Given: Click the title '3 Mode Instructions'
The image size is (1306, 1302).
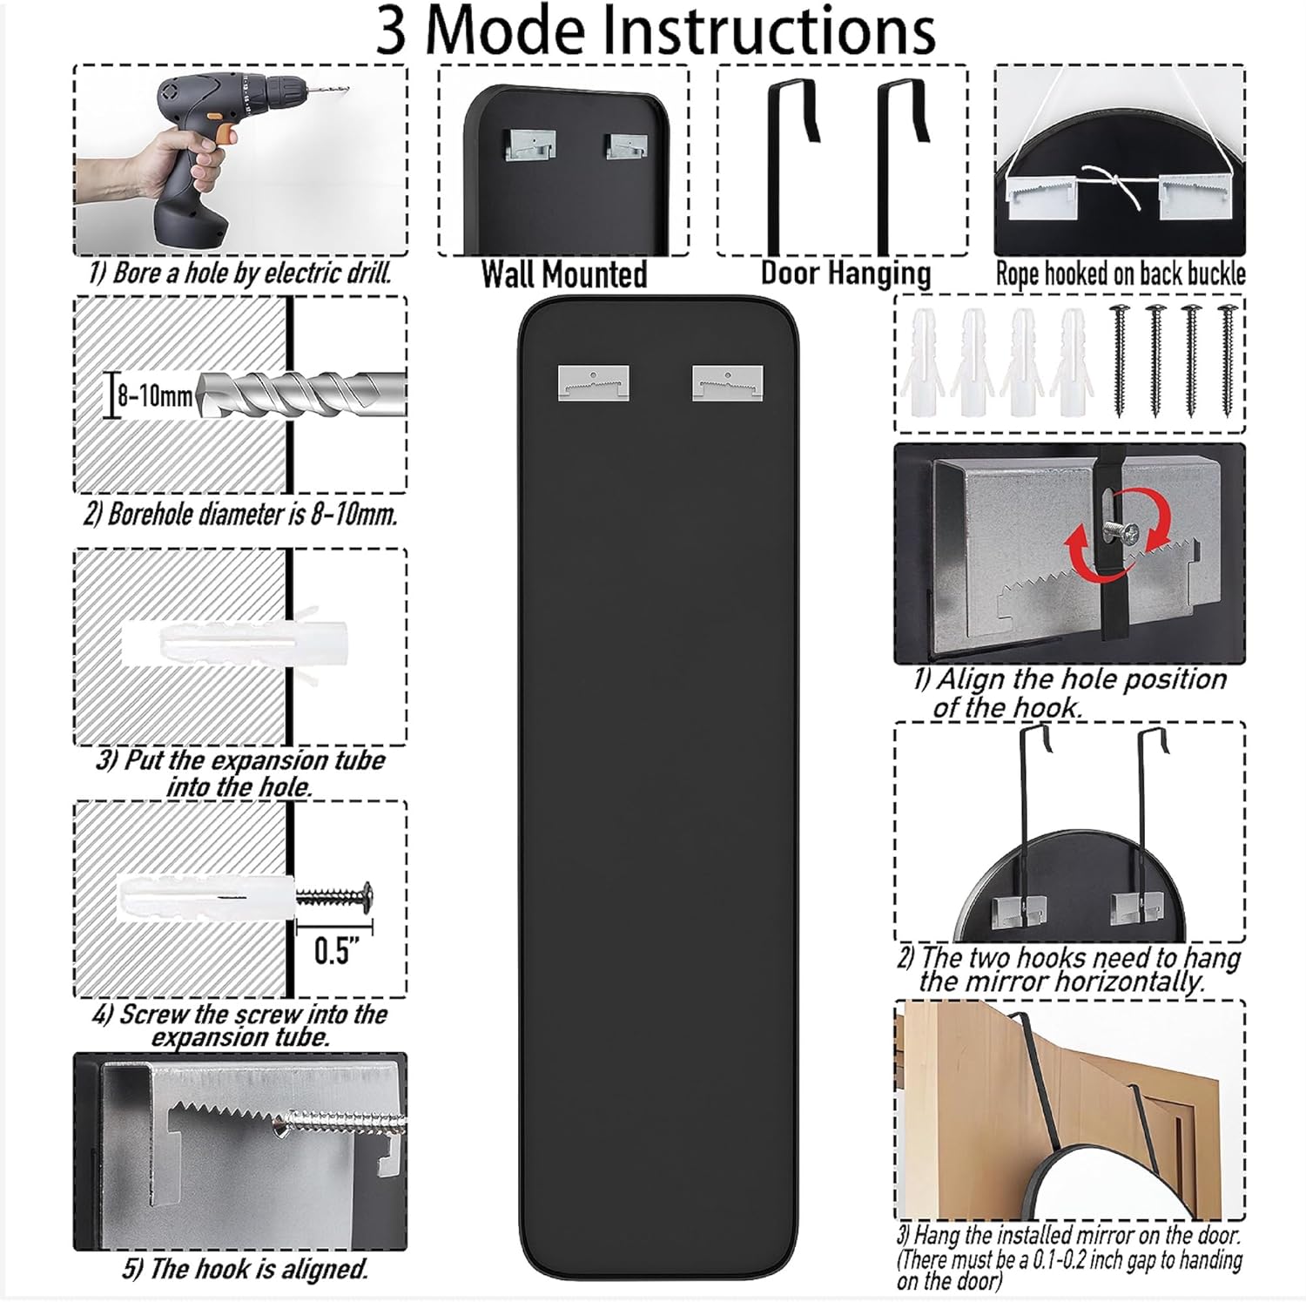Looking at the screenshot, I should (655, 31).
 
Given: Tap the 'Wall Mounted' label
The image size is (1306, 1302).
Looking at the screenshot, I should (564, 274).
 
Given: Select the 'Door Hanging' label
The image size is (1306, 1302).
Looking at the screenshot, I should (845, 273).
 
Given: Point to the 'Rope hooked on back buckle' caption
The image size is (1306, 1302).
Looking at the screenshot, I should (1120, 274).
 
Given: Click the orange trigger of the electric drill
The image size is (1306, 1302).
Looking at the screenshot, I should (226, 132).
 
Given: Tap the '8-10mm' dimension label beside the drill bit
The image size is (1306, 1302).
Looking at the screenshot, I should (155, 397).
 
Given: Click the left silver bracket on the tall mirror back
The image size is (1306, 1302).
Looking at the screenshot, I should (593, 383).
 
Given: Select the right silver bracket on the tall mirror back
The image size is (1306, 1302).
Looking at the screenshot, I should (728, 383).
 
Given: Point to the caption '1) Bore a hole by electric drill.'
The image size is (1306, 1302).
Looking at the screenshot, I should (239, 273).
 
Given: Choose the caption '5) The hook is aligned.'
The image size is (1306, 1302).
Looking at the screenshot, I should (245, 1269).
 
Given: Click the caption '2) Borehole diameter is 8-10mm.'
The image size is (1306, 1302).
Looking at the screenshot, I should (240, 514).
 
